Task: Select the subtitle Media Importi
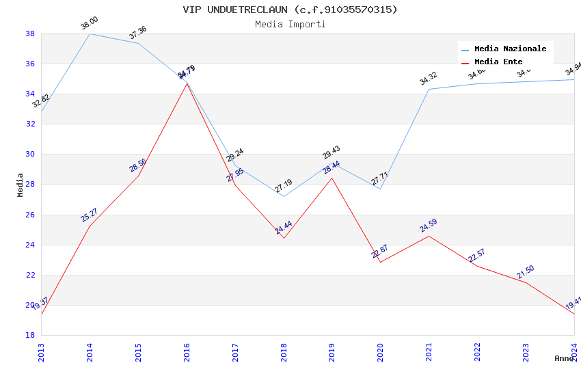tap(290, 24)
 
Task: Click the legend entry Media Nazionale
tap(510, 49)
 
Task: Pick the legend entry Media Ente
tap(498, 62)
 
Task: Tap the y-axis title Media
tap(21, 185)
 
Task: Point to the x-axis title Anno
tap(564, 358)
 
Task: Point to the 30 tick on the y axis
tap(30, 155)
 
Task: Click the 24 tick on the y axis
tap(30, 245)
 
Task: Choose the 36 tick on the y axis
tap(30, 64)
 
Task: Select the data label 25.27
tap(90, 215)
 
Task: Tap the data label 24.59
tap(429, 226)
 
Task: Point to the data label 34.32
tap(429, 79)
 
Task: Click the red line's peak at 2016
tap(187, 83)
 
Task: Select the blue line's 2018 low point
tap(284, 196)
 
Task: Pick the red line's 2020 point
tap(381, 262)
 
